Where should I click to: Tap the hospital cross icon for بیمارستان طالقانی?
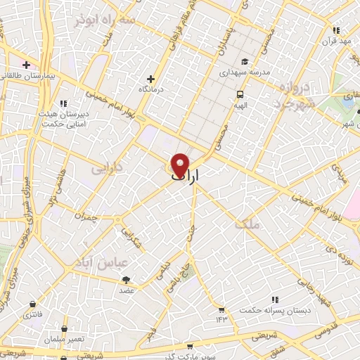(26, 64)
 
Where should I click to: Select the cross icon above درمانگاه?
(150, 79)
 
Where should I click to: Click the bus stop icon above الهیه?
(240, 94)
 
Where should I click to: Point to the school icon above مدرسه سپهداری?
(245, 61)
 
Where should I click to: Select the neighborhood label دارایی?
(107, 169)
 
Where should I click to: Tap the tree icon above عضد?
(127, 280)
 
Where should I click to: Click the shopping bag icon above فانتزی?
(33, 304)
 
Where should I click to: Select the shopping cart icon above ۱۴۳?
(222, 309)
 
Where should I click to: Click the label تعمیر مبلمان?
(64, 340)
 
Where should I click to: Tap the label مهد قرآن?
(336, 41)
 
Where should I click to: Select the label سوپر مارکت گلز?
(191, 356)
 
